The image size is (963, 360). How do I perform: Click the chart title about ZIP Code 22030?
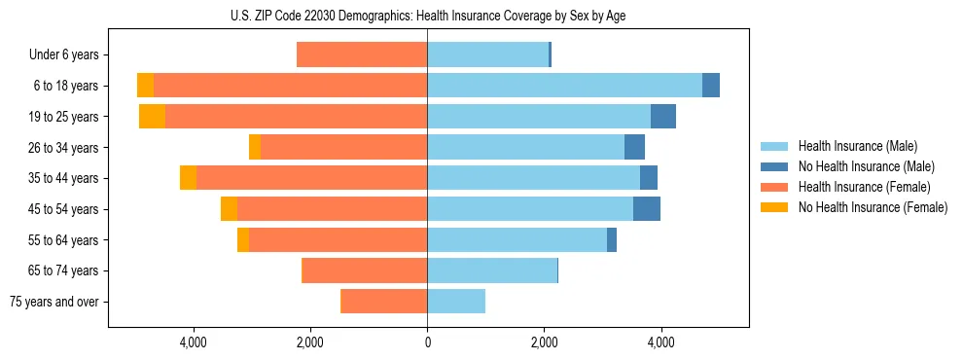pyautogui.click(x=428, y=16)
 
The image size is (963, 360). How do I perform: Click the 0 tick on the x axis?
pyautogui.click(x=427, y=342)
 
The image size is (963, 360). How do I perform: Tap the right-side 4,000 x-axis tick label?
pyautogui.click(x=660, y=342)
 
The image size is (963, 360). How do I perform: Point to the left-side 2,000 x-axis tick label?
pyautogui.click(x=309, y=342)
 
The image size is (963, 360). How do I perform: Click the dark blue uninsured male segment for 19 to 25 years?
pyautogui.click(x=663, y=116)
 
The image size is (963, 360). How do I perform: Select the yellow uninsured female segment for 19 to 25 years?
pyautogui.click(x=152, y=116)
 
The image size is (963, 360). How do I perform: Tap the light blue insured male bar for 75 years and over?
pyautogui.click(x=456, y=302)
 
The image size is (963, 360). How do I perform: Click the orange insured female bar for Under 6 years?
pyautogui.click(x=362, y=54)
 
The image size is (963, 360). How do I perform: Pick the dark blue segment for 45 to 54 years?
pyautogui.click(x=647, y=209)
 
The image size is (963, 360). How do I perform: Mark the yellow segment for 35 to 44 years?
pyautogui.click(x=188, y=178)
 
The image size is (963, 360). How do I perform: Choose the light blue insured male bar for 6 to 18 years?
pyautogui.click(x=564, y=86)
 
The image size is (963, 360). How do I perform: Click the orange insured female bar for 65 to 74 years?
pyautogui.click(x=365, y=270)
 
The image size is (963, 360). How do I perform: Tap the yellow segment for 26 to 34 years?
pyautogui.click(x=255, y=147)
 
